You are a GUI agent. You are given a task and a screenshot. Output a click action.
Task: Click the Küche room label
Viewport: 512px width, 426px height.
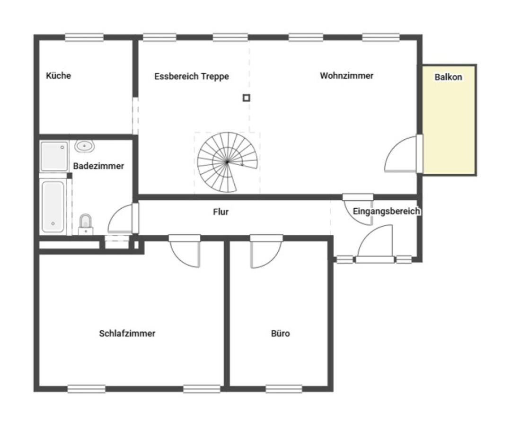(x=58, y=75)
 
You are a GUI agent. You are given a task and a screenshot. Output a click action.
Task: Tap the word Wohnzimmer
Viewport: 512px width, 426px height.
(x=346, y=76)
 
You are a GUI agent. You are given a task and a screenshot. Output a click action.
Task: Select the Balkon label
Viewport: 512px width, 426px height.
(x=448, y=77)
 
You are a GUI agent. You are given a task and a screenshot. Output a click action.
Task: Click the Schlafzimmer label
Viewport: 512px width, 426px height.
(x=127, y=333)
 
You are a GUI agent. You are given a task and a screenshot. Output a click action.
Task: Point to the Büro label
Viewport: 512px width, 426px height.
(x=281, y=333)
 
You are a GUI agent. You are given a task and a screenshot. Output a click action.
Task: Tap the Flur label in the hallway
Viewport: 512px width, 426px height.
(x=221, y=212)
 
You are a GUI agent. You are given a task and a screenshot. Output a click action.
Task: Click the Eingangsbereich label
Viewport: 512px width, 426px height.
(x=386, y=211)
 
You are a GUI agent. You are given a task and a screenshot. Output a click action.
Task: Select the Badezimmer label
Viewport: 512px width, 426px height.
(x=98, y=166)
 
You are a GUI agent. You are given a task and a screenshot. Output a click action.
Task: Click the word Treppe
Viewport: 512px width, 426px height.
(x=215, y=77)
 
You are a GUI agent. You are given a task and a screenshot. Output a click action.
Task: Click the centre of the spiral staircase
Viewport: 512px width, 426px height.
(x=227, y=162)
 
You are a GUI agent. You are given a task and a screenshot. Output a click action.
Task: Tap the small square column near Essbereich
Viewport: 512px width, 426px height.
(x=247, y=98)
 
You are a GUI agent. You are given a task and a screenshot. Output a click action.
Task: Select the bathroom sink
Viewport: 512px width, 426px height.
(x=85, y=146)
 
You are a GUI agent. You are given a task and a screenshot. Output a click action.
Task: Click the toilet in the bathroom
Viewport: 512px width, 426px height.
(x=86, y=224)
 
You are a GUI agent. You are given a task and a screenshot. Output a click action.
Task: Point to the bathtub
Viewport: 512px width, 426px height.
(x=53, y=207)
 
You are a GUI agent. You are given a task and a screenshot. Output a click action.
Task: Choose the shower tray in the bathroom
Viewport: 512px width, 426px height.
(x=54, y=156)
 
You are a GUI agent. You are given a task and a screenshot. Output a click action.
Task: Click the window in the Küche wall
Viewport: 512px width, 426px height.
(x=84, y=37)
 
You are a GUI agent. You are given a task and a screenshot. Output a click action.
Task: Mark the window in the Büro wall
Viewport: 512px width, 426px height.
(x=284, y=389)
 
